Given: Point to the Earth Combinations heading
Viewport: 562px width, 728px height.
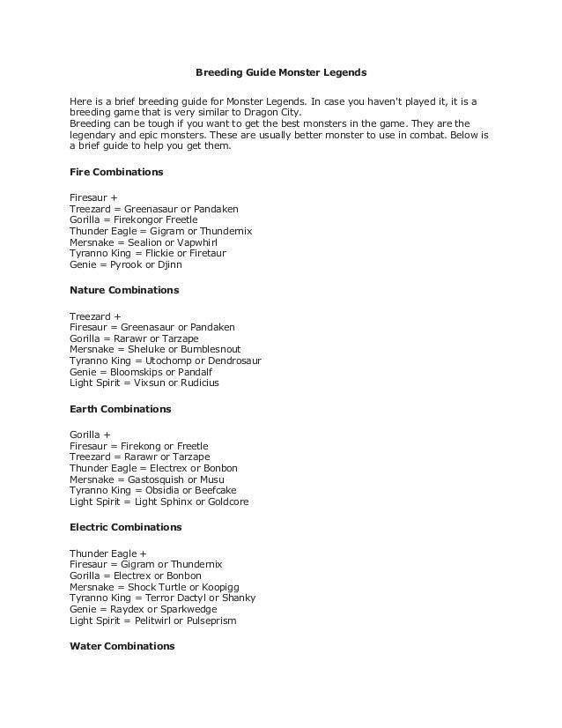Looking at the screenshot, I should tap(120, 409).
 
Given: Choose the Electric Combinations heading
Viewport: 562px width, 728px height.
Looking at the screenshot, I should tap(125, 527).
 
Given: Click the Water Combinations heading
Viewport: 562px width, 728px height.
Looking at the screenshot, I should tap(122, 646).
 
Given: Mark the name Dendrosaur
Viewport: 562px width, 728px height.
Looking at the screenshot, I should tap(233, 360).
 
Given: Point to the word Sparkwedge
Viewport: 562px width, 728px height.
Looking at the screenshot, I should tap(186, 609).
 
